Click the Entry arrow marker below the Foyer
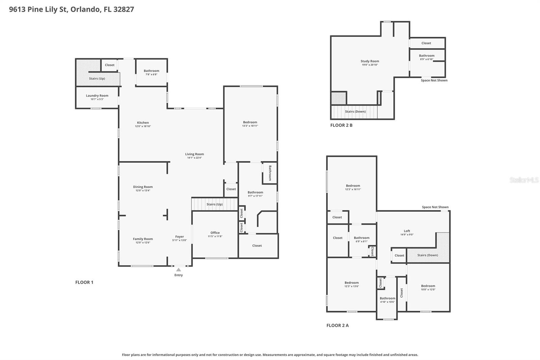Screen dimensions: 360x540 click(179, 269)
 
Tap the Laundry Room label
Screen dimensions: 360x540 click(97, 96)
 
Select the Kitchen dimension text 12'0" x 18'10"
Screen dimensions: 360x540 click(143, 126)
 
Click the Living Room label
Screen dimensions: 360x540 click(194, 154)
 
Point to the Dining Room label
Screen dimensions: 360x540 click(143, 187)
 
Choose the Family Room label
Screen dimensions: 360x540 click(143, 239)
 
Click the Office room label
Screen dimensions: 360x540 click(215, 233)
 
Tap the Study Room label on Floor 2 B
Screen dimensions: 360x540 click(370, 61)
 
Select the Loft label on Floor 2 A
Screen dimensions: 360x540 click(407, 231)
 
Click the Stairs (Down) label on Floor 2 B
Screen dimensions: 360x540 click(355, 111)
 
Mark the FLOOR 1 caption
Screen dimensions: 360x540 click(84, 282)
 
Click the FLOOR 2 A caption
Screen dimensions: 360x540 click(337, 326)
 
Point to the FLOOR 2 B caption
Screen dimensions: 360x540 click(341, 125)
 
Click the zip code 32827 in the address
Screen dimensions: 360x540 click(124, 9)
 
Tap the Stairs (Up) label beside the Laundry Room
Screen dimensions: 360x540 click(97, 78)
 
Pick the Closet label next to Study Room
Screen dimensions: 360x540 click(426, 43)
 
